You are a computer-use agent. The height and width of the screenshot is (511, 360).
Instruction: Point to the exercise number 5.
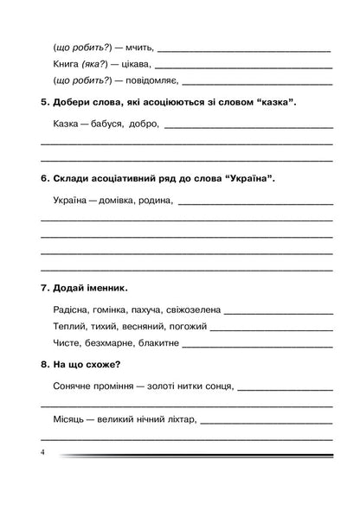[x=45, y=104]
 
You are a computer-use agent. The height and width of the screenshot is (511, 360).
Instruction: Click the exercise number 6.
[x=45, y=179]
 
